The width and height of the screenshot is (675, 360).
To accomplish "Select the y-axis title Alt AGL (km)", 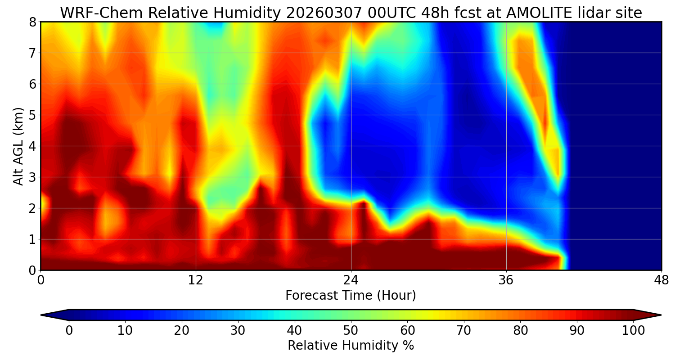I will pyautogui.click(x=18, y=146).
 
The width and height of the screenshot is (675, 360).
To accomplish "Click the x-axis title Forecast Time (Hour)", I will pyautogui.click(x=351, y=296).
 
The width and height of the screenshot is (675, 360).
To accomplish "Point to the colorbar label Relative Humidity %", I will pyautogui.click(x=351, y=346).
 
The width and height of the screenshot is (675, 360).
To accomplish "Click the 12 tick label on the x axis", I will pyautogui.click(x=196, y=279).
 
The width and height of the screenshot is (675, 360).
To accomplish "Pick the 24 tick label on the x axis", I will pyautogui.click(x=351, y=279).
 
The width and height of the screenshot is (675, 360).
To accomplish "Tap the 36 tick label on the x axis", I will pyautogui.click(x=506, y=279).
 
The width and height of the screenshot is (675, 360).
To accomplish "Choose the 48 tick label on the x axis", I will pyautogui.click(x=661, y=279).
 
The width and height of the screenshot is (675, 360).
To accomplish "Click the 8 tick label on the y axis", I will pyautogui.click(x=32, y=22).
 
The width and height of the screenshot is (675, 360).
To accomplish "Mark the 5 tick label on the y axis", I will pyautogui.click(x=32, y=115).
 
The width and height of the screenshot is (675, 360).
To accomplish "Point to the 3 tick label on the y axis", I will pyautogui.click(x=32, y=177).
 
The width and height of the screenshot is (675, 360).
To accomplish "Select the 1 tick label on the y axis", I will pyautogui.click(x=32, y=239).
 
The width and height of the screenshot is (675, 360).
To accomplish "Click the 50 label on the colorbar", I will pyautogui.click(x=351, y=331).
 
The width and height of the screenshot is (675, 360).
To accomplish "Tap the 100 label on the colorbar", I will pyautogui.click(x=633, y=331).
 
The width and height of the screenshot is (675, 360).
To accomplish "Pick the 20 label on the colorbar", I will pyautogui.click(x=181, y=331).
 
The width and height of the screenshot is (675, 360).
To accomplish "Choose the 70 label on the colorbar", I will pyautogui.click(x=463, y=331).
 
